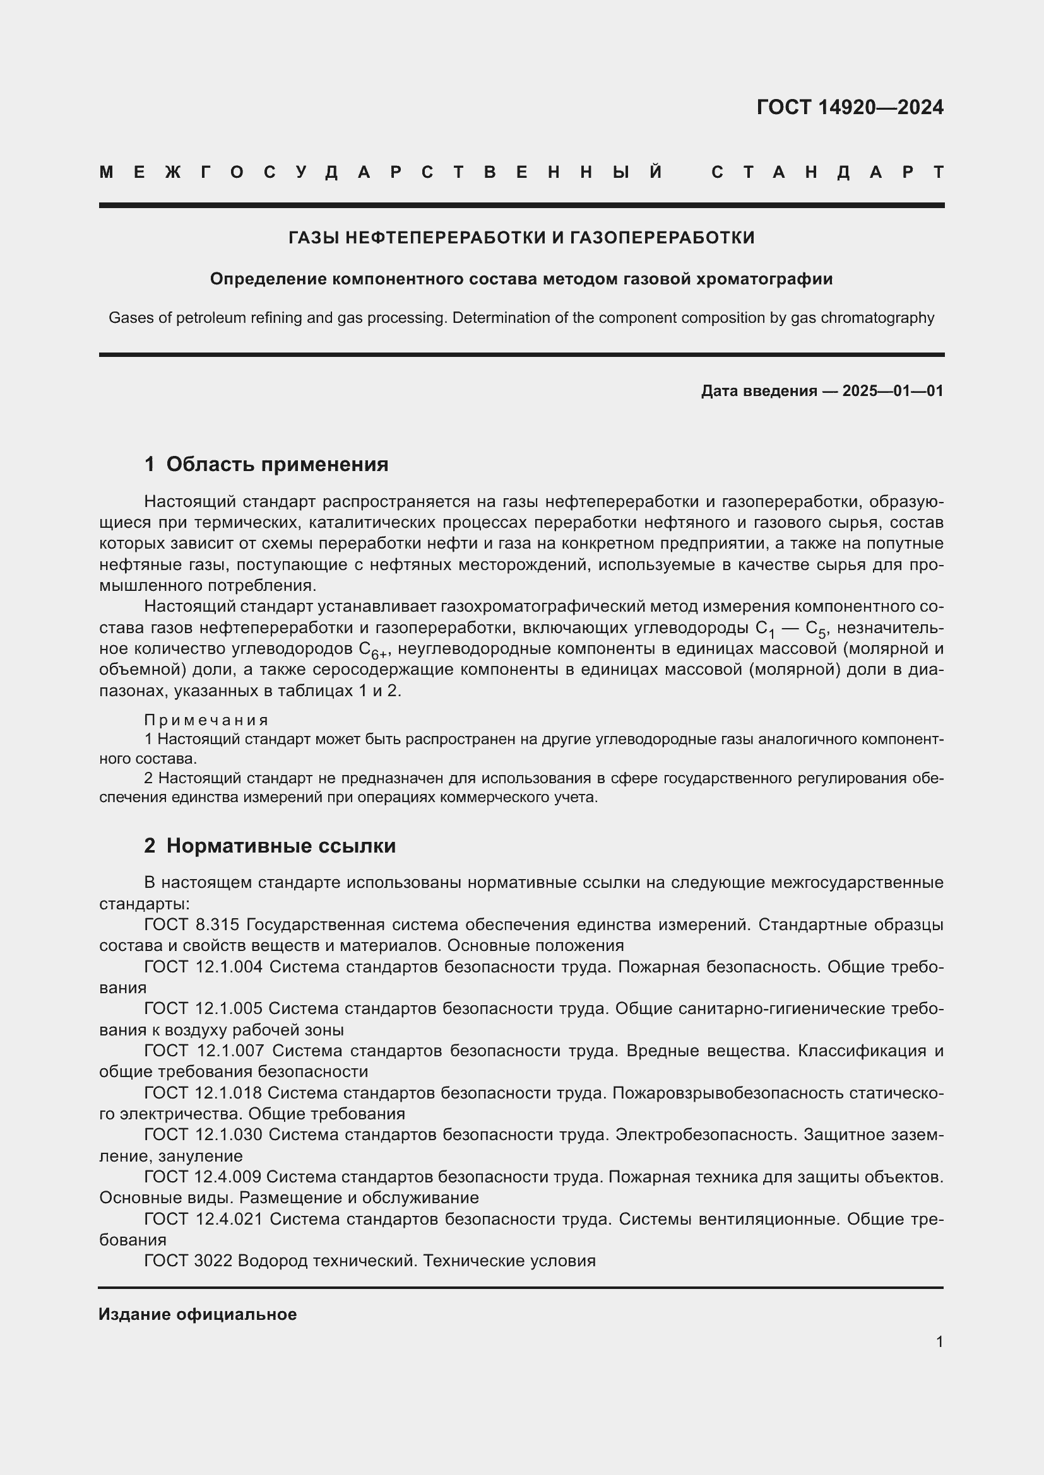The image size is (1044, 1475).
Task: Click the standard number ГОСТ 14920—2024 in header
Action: [x=849, y=107]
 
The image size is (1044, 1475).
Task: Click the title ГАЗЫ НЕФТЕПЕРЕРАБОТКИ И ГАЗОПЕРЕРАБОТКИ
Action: [x=521, y=238]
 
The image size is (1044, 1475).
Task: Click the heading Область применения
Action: [x=277, y=464]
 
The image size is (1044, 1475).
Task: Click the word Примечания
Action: [x=206, y=720]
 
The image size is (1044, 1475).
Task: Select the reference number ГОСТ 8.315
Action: [x=192, y=924]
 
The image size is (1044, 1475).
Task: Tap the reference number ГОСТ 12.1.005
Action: [x=203, y=1008]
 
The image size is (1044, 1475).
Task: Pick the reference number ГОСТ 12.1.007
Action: [x=204, y=1051]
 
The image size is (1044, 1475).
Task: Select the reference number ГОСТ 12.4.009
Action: [x=203, y=1176]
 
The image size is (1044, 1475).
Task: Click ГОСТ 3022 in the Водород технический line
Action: [x=187, y=1261]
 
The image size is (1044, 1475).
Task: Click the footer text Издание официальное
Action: [x=198, y=1314]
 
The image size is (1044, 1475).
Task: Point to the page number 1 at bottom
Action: [x=939, y=1341]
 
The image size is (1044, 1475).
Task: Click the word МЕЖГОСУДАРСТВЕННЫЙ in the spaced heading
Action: [x=381, y=172]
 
